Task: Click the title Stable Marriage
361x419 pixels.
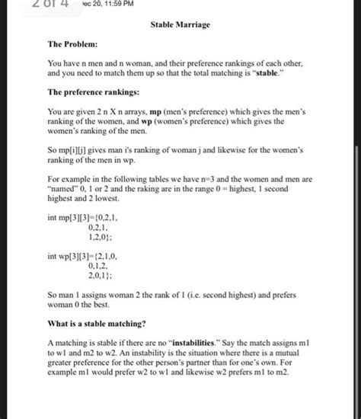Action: (x=180, y=25)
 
